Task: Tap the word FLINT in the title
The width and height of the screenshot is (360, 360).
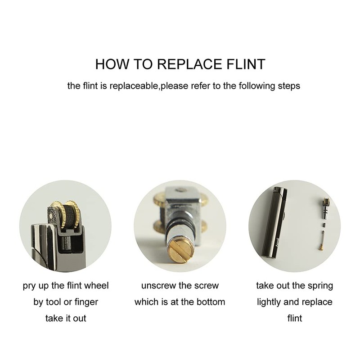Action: pyautogui.click(x=246, y=64)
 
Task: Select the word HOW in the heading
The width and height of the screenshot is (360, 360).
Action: pyautogui.click(x=112, y=64)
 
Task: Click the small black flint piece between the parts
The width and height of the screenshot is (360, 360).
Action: pyautogui.click(x=324, y=225)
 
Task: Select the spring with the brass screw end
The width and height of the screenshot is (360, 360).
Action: pyautogui.click(x=322, y=240)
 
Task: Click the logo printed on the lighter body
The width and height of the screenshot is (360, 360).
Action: pyautogui.click(x=277, y=242)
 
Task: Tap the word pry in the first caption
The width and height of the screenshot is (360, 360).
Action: pyautogui.click(x=27, y=286)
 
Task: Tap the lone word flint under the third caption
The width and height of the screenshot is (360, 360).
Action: pyautogui.click(x=295, y=319)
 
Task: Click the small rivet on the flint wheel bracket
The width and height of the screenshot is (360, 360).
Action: pyautogui.click(x=51, y=215)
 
